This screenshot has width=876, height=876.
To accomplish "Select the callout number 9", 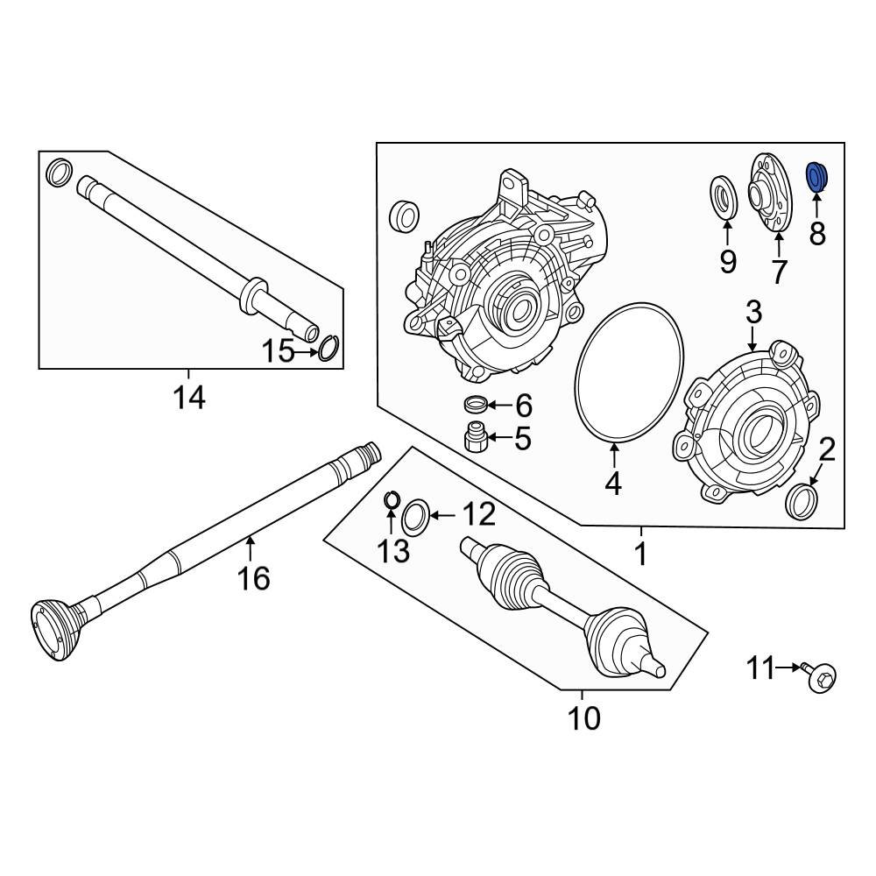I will click(x=728, y=260).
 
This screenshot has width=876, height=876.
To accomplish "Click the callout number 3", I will click(x=753, y=312).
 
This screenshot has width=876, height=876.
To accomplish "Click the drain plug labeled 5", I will click(x=476, y=435).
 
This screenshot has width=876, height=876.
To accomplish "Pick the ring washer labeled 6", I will click(x=476, y=405).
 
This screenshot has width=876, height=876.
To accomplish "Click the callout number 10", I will click(x=584, y=718).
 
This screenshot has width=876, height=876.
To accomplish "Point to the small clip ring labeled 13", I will click(x=392, y=500).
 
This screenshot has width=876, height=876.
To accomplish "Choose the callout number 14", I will click(x=188, y=398).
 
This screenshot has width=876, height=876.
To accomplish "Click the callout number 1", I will click(x=640, y=554).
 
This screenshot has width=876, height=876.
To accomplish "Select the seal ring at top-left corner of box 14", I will click(x=58, y=173).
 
